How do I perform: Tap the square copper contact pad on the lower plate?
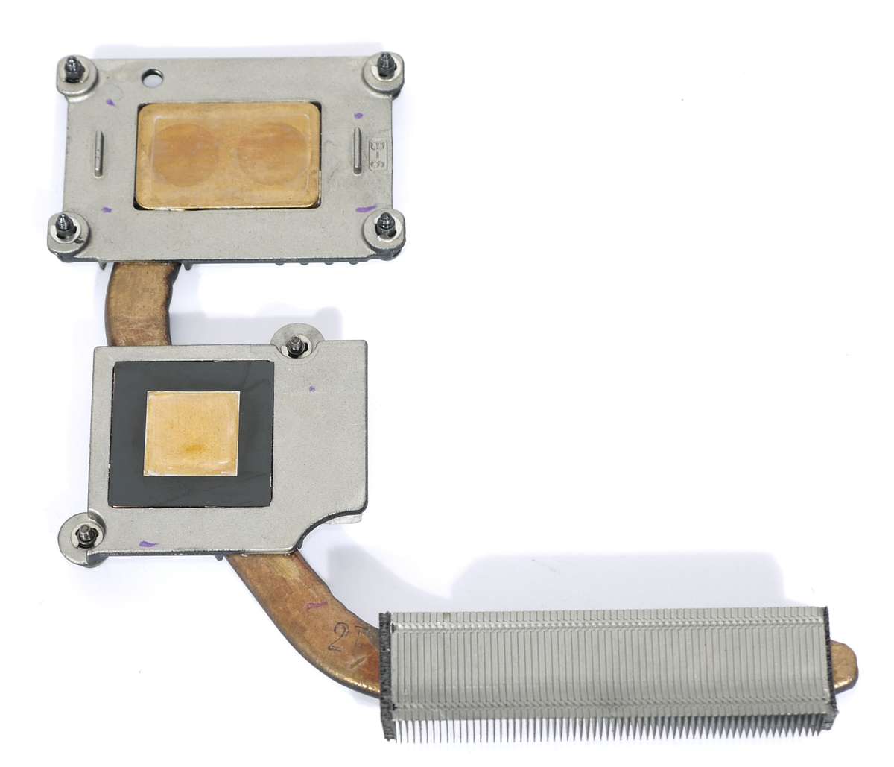coord(192,433)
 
